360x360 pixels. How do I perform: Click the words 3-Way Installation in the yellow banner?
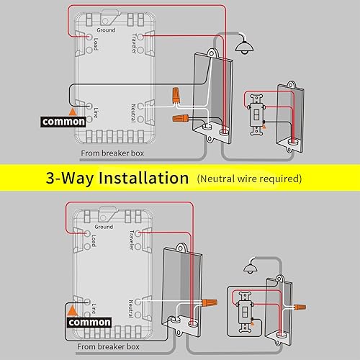tap(117, 177)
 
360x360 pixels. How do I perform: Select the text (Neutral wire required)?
tap(249, 178)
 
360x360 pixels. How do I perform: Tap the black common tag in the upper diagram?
tap(63, 122)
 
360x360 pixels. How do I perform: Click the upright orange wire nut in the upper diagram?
tap(175, 94)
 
